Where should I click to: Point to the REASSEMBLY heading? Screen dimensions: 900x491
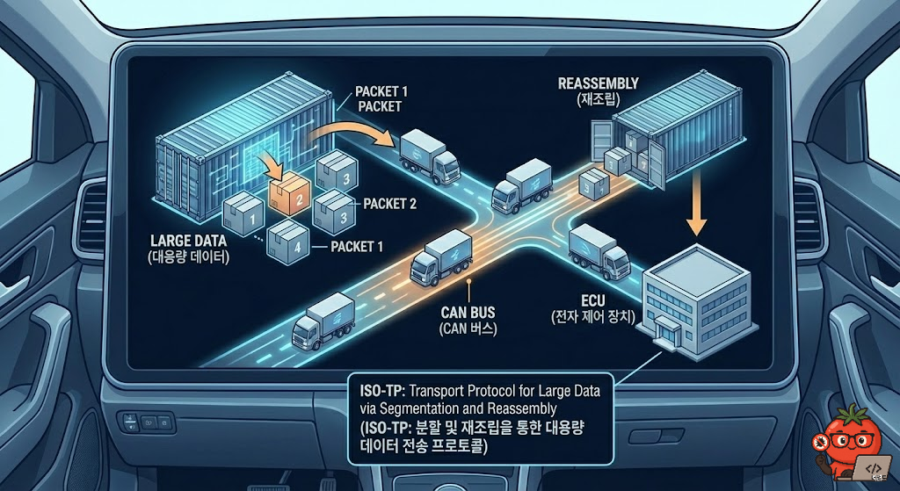click(x=599, y=83)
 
